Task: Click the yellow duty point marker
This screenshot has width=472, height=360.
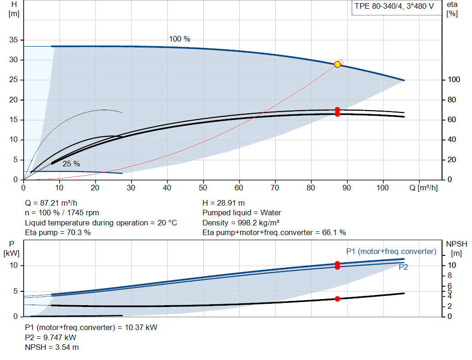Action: coord(337,65)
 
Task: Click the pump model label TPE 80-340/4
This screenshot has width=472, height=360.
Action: coord(379,6)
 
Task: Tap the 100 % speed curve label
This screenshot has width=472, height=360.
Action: coord(179,39)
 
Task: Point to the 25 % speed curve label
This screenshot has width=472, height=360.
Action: coord(71,164)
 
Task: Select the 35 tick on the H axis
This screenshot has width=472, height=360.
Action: coord(13,40)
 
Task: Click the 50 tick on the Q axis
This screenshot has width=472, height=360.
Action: coord(203,188)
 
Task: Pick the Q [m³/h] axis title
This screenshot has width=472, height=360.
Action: coord(424,188)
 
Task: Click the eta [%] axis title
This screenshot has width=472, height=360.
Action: coord(452,9)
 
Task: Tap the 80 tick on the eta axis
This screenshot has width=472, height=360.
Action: coord(452,100)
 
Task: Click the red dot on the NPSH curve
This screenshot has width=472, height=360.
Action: coord(337,299)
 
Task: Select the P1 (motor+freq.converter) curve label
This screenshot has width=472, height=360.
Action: coord(391,251)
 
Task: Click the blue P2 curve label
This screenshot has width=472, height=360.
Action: coord(403,267)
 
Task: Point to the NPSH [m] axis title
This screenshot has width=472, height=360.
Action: coord(457,248)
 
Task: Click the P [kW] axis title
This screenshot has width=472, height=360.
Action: coord(12,248)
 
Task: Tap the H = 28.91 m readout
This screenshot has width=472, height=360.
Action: coord(224,203)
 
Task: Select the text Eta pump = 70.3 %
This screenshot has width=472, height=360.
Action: coord(58,233)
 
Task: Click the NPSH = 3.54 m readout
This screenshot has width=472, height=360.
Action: coord(52,348)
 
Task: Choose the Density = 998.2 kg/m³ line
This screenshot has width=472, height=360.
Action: coord(241,223)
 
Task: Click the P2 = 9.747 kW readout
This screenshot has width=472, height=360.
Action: coord(51,337)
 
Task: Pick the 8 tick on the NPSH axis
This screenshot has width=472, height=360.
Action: coord(450,276)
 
